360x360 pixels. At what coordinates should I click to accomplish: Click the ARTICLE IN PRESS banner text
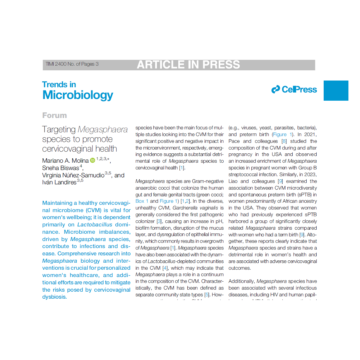188,64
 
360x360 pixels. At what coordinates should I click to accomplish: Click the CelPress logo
294,89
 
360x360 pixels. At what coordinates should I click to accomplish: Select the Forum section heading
54,115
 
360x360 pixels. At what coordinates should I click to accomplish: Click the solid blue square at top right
336,90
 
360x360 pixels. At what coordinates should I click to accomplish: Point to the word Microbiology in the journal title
78,95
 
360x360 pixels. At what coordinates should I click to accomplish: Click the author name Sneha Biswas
60,168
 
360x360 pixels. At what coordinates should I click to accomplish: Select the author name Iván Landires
59,182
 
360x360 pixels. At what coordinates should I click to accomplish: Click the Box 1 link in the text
142,201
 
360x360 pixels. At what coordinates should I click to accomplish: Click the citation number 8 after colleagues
284,141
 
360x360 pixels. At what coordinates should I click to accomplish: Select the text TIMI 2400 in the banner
55,64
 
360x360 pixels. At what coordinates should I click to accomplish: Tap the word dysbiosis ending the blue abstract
54,297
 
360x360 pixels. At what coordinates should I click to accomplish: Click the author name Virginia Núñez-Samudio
73,175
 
